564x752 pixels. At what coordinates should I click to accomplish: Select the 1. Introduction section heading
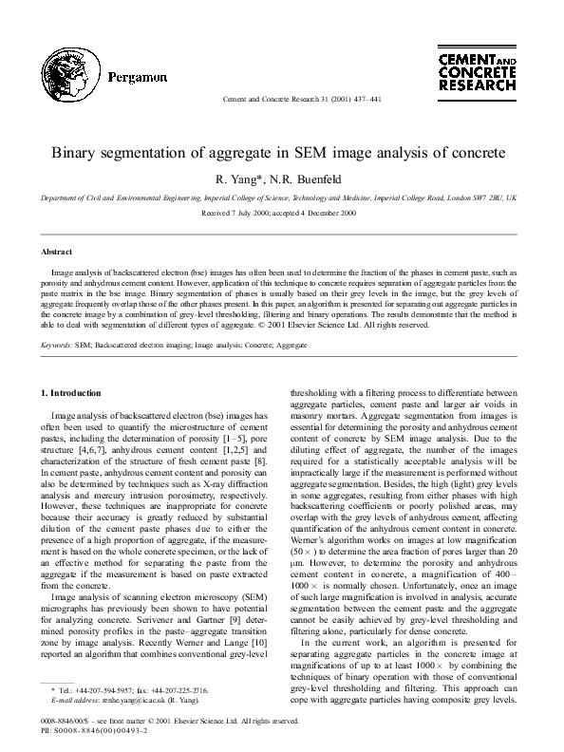(x=78, y=391)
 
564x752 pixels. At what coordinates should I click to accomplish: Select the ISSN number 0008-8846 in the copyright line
(x=58, y=722)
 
